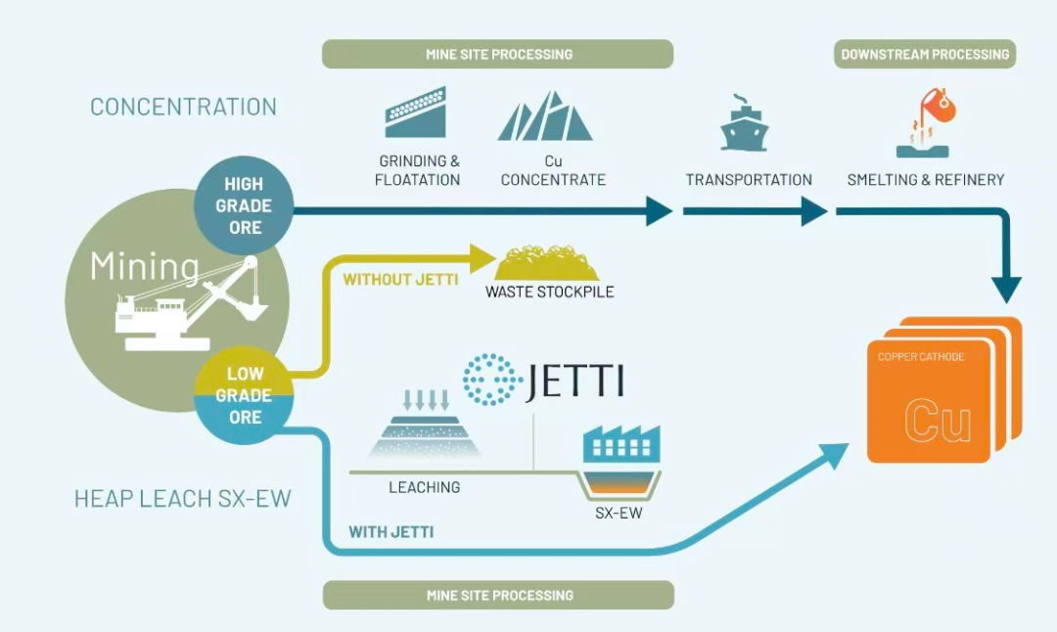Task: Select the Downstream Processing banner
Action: click(x=925, y=54)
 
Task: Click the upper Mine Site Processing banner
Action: click(x=498, y=54)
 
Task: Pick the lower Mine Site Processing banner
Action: click(x=498, y=595)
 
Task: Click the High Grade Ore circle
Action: click(x=244, y=206)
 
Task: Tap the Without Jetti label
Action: click(x=400, y=280)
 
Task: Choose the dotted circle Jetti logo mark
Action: click(x=491, y=380)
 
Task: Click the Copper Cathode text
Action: click(x=921, y=357)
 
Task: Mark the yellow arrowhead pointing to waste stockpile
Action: click(x=479, y=259)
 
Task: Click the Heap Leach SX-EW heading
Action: click(x=183, y=499)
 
